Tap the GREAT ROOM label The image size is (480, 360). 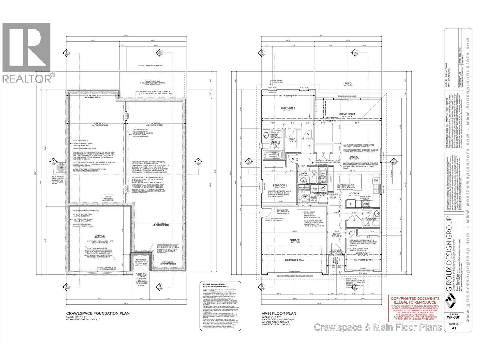pyautogui.click(x=347, y=114)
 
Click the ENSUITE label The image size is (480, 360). pyautogui.click(x=275, y=141)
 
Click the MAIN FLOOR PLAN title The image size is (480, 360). pyautogui.click(x=278, y=313)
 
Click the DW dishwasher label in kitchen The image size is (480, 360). pyautogui.click(x=376, y=180)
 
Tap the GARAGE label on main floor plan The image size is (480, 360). pyautogui.click(x=295, y=240)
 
